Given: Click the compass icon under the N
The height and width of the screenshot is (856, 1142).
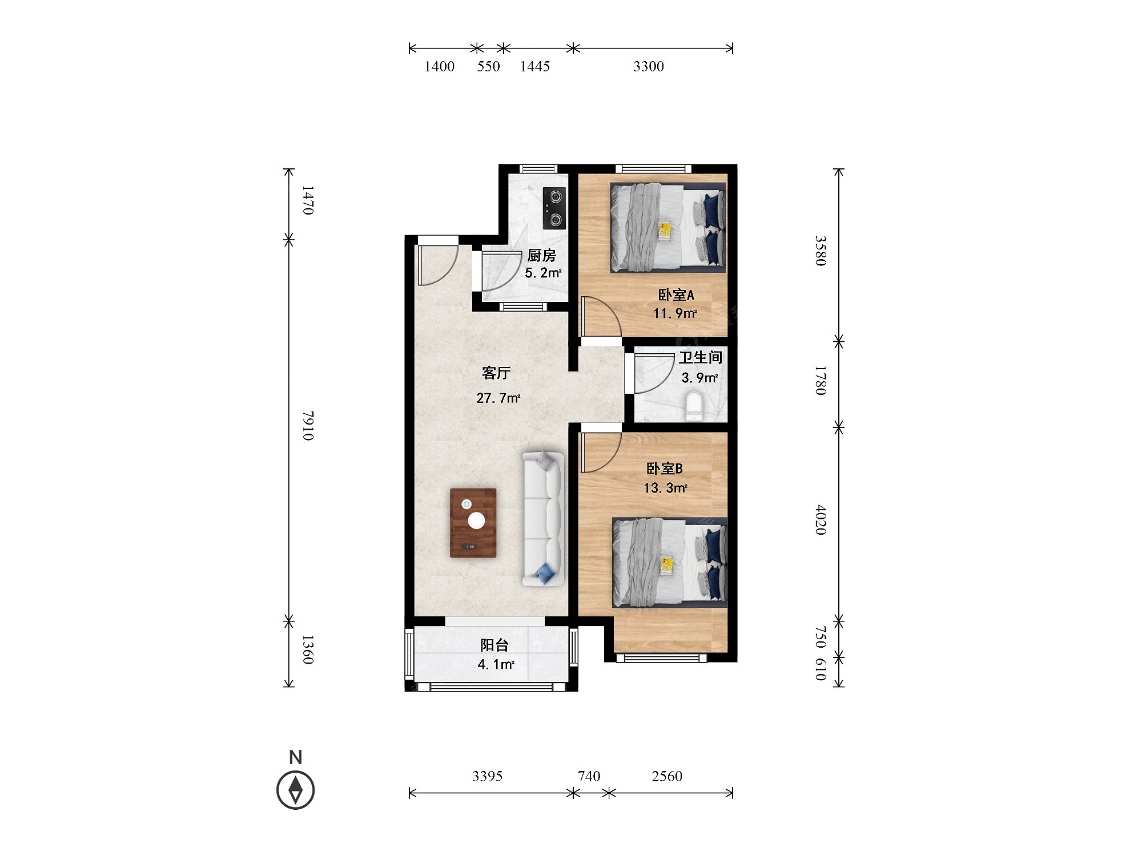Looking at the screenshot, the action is tap(295, 790).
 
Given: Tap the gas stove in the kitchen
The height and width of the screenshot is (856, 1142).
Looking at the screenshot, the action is tap(554, 208).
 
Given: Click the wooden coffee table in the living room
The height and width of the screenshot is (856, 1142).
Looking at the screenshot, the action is tap(473, 523).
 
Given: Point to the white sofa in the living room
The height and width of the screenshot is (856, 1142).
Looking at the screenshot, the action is tap(544, 518).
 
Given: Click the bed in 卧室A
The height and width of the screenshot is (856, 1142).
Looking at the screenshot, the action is tap(668, 227).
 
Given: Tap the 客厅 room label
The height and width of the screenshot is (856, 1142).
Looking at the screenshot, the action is tap(496, 373).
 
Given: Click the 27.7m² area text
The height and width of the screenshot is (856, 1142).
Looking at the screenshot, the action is tap(498, 398).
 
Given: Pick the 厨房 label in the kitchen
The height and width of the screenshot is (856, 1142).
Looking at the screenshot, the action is tap(541, 255).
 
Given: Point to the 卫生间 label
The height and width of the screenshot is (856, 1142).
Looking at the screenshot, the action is tap(700, 358).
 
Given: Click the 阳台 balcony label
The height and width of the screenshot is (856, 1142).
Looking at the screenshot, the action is tap(494, 645).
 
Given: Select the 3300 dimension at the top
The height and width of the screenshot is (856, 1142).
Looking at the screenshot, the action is tap(648, 67).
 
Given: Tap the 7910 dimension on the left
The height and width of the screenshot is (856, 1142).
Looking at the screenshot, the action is tap(308, 425).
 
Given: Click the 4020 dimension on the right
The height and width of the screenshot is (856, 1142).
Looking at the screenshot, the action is tap(821, 519).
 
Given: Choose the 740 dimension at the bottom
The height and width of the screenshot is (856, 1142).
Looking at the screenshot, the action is tap(589, 776).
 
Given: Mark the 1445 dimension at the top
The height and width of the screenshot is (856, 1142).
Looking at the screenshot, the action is tap(535, 67).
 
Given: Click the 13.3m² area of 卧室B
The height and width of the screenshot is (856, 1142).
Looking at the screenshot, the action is tap(665, 488).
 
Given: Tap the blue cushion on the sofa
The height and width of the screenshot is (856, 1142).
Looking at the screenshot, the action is tap(546, 574).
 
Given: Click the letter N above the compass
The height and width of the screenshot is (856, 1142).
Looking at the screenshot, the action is tap(295, 757).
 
